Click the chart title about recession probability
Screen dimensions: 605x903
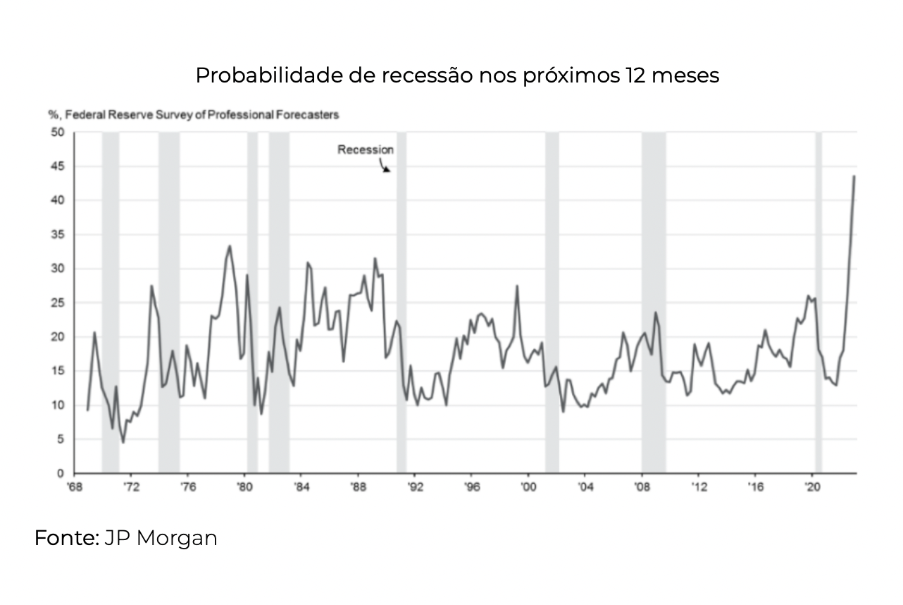(457, 75)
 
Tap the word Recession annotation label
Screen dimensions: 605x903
(366, 149)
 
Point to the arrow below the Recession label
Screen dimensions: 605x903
(385, 168)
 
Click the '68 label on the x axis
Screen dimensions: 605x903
(73, 487)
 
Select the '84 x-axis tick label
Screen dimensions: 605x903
(301, 487)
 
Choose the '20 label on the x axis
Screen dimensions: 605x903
(812, 487)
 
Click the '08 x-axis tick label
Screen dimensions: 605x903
(642, 487)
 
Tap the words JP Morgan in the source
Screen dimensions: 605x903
(161, 538)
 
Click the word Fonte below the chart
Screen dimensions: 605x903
(66, 538)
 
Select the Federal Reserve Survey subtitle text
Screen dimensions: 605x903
(193, 114)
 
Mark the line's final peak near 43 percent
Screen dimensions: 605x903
(854, 176)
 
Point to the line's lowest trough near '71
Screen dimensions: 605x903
(123, 441)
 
